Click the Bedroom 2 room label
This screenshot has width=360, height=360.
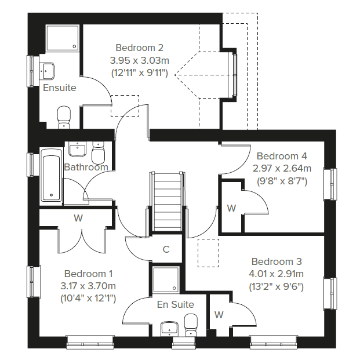click(x=139, y=48)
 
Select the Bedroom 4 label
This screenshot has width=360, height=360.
click(x=282, y=156)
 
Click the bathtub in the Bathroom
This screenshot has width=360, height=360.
click(x=51, y=176)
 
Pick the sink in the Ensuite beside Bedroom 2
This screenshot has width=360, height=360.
click(x=48, y=70)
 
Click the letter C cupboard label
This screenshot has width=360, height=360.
click(x=166, y=250)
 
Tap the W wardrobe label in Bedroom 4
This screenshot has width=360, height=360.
click(x=231, y=208)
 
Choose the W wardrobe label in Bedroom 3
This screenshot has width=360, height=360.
click(x=219, y=315)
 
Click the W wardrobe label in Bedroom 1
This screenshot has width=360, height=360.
click(x=78, y=219)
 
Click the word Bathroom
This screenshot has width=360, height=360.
click(x=86, y=168)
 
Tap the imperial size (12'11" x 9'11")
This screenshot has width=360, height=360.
click(x=139, y=73)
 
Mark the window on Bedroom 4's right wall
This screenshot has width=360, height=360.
click(x=333, y=184)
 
